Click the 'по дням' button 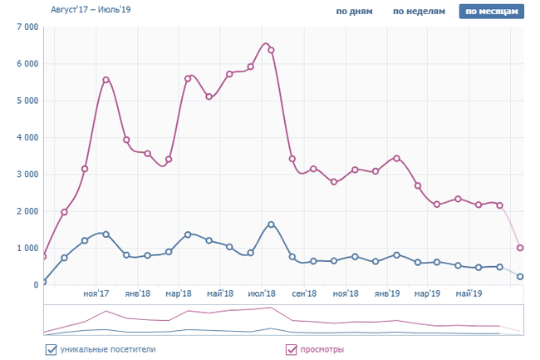[x=354, y=12]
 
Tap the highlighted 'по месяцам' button [x=492, y=12]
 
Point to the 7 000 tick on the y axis [x=27, y=27]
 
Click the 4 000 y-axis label [x=27, y=138]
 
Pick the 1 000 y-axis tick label [x=27, y=249]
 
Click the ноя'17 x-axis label [x=97, y=293]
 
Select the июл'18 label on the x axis [x=263, y=293]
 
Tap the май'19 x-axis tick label [x=469, y=293]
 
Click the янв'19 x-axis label [x=387, y=293]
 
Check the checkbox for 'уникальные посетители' [x=51, y=350]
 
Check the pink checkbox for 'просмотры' [x=291, y=350]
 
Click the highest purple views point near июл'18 [x=271, y=50]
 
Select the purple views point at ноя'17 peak [x=106, y=80]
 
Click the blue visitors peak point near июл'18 [x=271, y=224]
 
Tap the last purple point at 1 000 [x=520, y=248]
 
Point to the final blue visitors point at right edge [x=520, y=277]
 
